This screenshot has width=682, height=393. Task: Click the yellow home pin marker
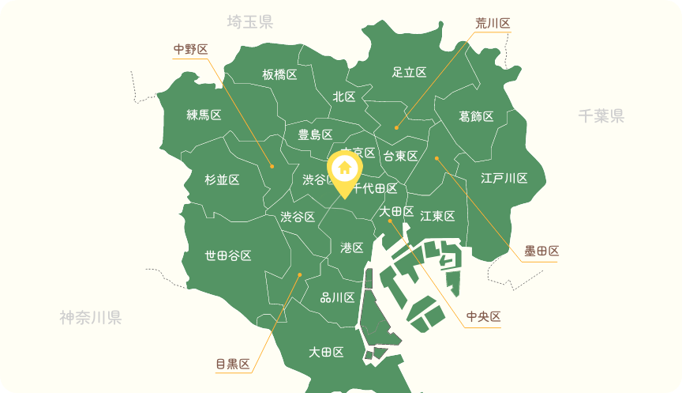point(344,170)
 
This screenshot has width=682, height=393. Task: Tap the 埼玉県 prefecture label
point(249,22)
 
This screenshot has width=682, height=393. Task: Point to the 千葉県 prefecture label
point(601,116)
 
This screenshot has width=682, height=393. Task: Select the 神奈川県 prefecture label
point(90,318)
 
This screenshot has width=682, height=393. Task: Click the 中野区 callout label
point(191,50)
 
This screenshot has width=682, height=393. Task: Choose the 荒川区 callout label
point(493,23)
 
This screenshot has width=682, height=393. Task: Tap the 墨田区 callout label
point(541,251)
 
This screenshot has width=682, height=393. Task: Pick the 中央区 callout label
point(484,317)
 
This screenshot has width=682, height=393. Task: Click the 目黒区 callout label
point(233,365)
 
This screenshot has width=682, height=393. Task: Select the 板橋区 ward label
point(279,75)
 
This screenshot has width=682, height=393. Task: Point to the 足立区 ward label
point(409,72)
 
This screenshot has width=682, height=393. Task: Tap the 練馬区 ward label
point(204,115)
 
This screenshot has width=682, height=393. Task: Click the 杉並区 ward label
point(222,179)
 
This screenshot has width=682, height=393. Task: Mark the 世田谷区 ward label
point(228,255)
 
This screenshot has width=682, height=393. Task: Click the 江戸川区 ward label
point(504,178)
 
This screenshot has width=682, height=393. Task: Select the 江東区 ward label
point(437,216)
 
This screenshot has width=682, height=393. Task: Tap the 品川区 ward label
point(337,297)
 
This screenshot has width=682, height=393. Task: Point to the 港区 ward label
point(351,248)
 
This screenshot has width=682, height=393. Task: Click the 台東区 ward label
point(400,156)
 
